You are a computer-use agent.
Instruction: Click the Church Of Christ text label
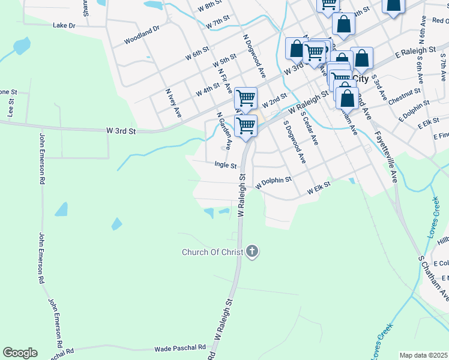tap(212, 252)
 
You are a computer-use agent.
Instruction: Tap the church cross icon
tap(252, 252)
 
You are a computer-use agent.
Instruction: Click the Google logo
tap(20, 353)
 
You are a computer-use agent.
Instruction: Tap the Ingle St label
tap(226, 164)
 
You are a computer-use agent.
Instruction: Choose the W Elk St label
tap(319, 189)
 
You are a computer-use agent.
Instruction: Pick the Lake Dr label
tap(64, 26)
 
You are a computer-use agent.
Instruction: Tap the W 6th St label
tap(197, 53)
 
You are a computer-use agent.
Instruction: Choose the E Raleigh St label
tap(415, 53)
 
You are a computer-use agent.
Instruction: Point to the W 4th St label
tap(208, 91)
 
